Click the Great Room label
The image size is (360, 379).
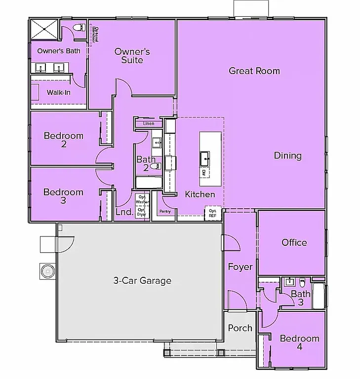coord(254,71)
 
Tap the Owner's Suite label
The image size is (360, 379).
coord(132,56)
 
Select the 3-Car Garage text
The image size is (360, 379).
coord(142,281)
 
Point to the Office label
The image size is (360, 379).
coord(294,242)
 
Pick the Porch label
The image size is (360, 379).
coord(240,328)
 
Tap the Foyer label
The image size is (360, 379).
coord(240,267)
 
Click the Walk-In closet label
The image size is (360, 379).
coord(58,92)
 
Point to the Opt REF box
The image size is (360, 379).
coord(212,213)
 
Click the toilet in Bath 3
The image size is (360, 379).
coord(301,283)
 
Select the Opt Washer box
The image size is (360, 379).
coord(142,200)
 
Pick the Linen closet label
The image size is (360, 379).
coord(149,123)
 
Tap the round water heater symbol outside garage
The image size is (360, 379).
coord(47,270)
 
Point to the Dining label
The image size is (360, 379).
coord(288,156)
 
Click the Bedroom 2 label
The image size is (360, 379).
coord(64,140)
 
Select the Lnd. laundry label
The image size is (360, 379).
coord(123,212)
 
